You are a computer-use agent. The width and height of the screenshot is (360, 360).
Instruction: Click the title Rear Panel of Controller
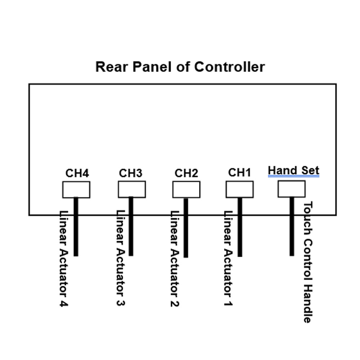[180, 67]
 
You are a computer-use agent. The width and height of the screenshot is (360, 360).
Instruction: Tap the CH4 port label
[77, 173]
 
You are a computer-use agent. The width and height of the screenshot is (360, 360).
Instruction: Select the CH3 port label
[130, 173]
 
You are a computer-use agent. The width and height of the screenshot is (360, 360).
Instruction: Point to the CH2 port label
[186, 173]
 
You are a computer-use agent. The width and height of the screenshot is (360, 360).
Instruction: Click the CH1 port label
[239, 172]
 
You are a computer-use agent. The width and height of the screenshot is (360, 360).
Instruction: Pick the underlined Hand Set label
[293, 170]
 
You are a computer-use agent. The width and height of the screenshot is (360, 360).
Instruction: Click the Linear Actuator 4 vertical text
[63, 258]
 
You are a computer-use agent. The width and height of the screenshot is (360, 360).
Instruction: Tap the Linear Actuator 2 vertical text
[175, 258]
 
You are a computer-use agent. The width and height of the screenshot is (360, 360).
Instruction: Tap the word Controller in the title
[230, 67]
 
